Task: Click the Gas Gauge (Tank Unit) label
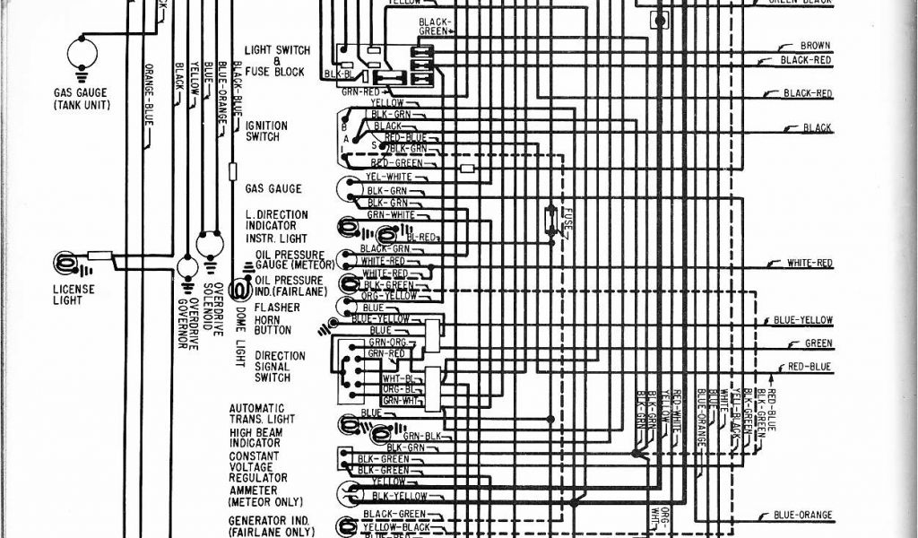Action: coord(82,99)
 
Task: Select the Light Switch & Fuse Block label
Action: coord(276,60)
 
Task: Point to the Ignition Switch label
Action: coord(266,131)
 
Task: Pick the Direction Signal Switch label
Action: coord(279,367)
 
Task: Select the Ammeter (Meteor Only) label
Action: coord(265,497)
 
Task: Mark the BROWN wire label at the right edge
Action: coord(815,45)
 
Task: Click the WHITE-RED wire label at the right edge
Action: coord(810,263)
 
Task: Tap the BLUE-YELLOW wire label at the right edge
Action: coord(803,321)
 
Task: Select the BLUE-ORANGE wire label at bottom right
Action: coord(803,516)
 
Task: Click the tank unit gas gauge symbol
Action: coord(82,51)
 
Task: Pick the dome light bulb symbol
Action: coord(239,289)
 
